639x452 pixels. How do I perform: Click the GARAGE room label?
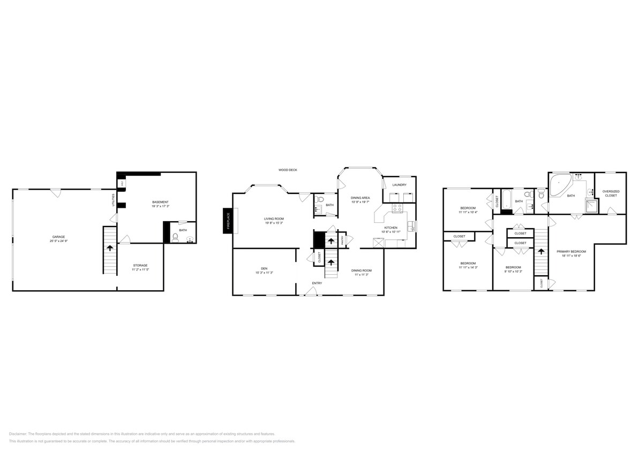[x=59, y=236]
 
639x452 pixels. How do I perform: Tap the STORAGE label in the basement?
[x=140, y=265]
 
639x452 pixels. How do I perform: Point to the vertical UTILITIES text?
[x=113, y=200]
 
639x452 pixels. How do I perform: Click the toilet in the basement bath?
[x=175, y=237]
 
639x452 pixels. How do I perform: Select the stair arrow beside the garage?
[x=110, y=248]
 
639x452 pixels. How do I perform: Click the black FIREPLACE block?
[x=227, y=221]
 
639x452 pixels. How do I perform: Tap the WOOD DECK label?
[x=287, y=170]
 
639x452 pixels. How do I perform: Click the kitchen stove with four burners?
[x=397, y=207]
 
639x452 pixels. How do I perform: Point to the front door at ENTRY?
[x=310, y=292]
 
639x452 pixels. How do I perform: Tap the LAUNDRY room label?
[x=399, y=185]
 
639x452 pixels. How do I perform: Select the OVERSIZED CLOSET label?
[x=610, y=193]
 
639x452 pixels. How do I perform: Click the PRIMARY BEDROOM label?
[x=571, y=251]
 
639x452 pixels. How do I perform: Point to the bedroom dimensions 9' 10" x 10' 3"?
[x=513, y=272]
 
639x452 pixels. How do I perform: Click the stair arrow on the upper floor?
[x=540, y=251]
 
